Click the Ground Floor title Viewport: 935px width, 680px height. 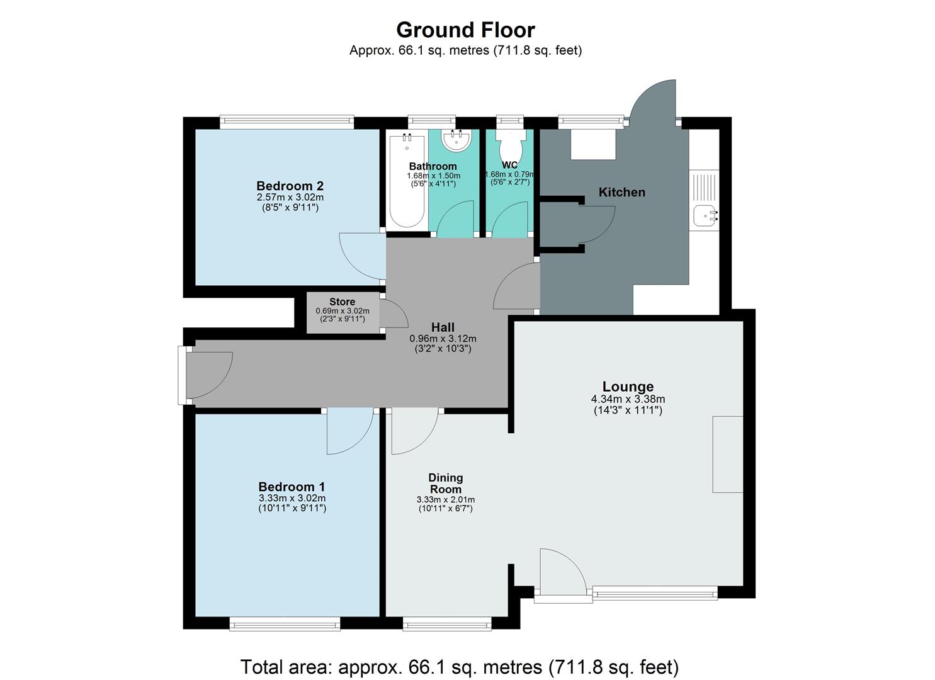click(x=465, y=30)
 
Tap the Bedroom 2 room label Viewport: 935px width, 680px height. click(x=290, y=186)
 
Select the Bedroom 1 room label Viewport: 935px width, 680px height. click(x=292, y=487)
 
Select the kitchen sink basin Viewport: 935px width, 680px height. click(x=703, y=215)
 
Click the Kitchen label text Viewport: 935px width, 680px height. click(x=621, y=192)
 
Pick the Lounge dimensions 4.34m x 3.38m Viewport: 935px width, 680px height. click(x=628, y=399)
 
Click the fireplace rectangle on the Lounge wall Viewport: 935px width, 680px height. click(x=727, y=454)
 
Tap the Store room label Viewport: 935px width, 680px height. click(x=342, y=302)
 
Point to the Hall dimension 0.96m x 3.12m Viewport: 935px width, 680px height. click(x=443, y=339)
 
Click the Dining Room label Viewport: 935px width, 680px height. click(x=445, y=484)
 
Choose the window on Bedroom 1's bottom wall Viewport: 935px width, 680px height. click(x=285, y=624)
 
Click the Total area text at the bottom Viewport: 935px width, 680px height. click(x=459, y=667)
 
